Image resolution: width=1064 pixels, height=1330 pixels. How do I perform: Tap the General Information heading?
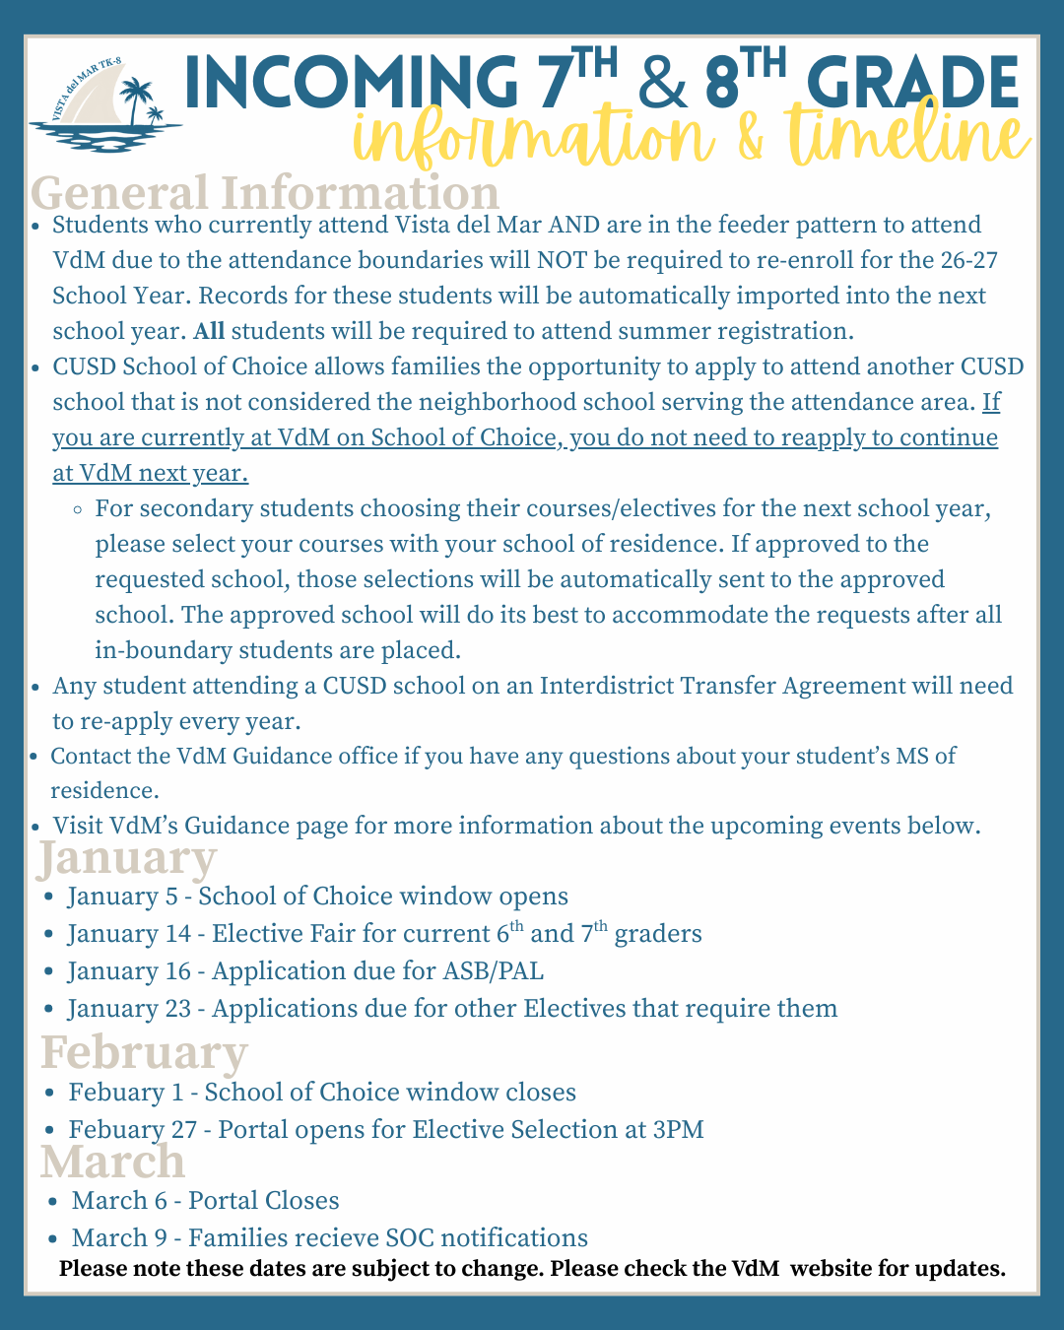[x=266, y=191]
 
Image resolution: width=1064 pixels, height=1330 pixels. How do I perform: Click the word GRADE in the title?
[x=911, y=83]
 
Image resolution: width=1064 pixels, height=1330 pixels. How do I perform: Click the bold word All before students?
[x=209, y=331]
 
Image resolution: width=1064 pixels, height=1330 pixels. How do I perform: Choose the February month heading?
[x=144, y=1051]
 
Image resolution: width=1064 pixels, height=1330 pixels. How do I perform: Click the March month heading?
[x=113, y=1161]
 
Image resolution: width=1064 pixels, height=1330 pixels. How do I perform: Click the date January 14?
[x=128, y=934]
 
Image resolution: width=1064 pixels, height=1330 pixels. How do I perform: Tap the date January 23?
[x=129, y=1009]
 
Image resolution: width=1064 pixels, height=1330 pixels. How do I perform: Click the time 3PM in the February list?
[x=679, y=1129]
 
